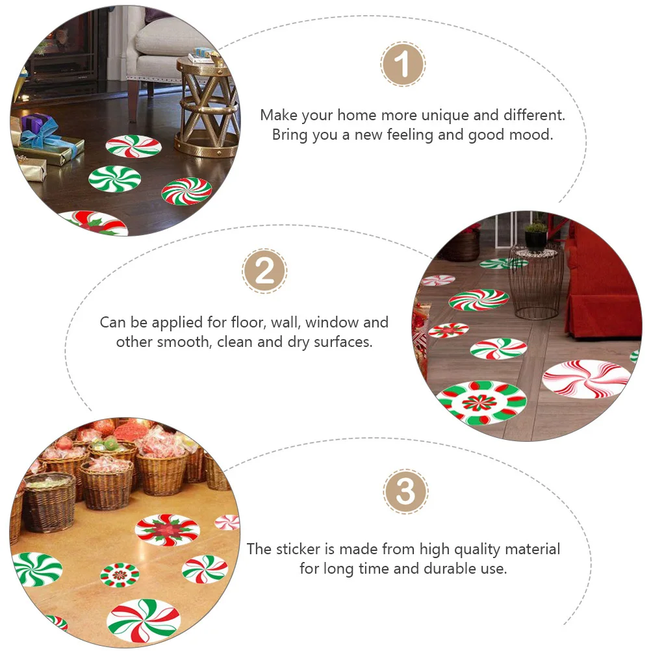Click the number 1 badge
tap(402, 65)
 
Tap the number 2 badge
tap(264, 271)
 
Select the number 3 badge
tap(405, 492)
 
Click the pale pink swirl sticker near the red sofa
tap(586, 378)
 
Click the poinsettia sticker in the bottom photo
tap(167, 530)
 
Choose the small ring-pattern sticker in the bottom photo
tap(120, 574)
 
